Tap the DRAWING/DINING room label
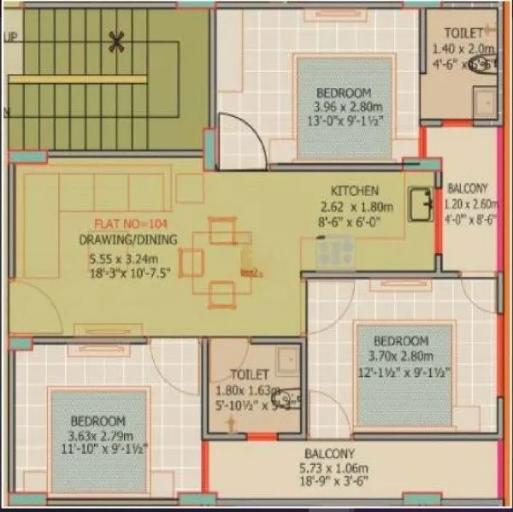point(129,240)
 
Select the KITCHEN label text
point(354,191)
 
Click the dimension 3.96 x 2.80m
point(343,107)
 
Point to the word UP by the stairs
point(11,38)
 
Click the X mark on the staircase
point(117,39)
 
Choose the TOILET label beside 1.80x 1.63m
point(250,374)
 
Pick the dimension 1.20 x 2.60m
point(470,203)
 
